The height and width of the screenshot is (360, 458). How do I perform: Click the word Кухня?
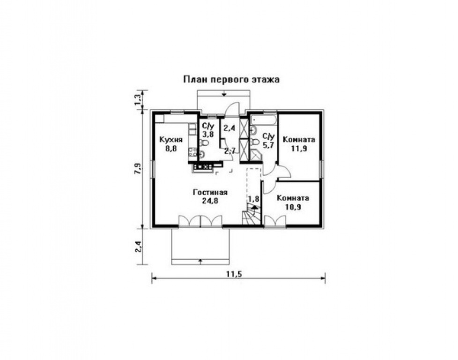171,140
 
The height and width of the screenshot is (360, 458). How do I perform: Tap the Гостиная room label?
210,193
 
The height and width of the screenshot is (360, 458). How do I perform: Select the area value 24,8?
210,201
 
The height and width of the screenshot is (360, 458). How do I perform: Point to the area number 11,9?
299,148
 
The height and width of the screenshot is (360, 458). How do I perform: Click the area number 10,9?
293,207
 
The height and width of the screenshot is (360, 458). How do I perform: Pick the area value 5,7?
268,145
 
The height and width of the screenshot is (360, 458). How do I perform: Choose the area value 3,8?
208,135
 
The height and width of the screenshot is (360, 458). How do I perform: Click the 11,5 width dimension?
235,274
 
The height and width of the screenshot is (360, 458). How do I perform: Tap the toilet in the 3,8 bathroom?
204,142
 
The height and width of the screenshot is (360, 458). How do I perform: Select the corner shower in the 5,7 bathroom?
256,155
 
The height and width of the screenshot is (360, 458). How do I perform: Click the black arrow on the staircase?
254,207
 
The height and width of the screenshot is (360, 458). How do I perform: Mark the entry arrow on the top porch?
224,94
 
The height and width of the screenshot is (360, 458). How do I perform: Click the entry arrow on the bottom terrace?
200,261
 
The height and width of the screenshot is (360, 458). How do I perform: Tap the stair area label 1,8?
253,199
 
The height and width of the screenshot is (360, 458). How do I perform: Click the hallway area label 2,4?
229,128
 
